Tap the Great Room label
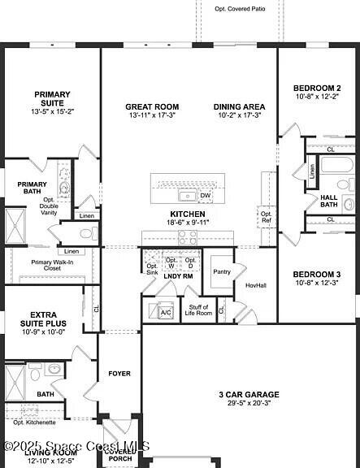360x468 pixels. click(x=152, y=106)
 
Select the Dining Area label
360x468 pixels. click(x=239, y=106)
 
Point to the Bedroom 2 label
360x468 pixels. click(x=317, y=88)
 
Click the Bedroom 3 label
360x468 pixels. click(x=317, y=275)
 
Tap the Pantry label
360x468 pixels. click(x=221, y=272)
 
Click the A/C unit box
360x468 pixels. click(x=166, y=312)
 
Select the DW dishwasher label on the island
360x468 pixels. click(x=205, y=195)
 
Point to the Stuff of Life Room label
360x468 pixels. click(x=197, y=310)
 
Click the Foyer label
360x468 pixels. click(x=119, y=374)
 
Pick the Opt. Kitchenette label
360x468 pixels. click(x=34, y=422)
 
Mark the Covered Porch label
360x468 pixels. click(x=120, y=454)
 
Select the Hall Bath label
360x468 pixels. click(x=328, y=201)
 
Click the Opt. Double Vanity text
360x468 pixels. click(x=49, y=206)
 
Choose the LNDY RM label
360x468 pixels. click(x=178, y=276)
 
